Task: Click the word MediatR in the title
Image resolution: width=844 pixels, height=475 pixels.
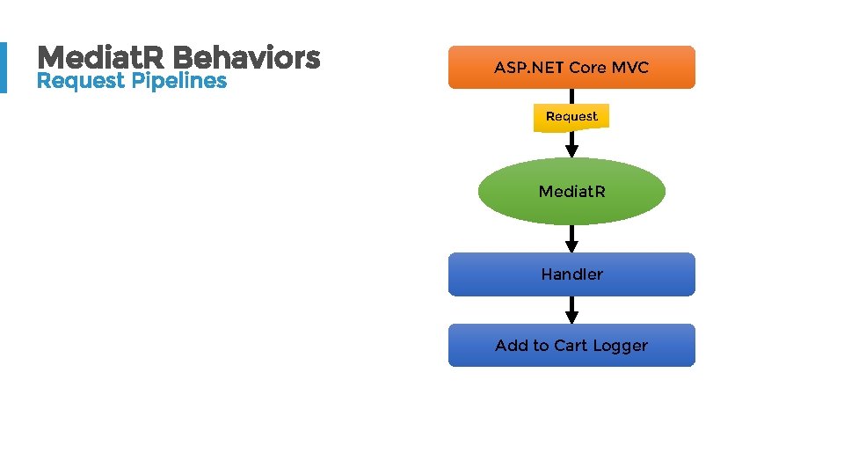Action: click(102, 58)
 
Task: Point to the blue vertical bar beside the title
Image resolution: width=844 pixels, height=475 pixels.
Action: click(3, 68)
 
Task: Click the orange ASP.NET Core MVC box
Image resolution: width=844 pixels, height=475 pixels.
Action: click(571, 68)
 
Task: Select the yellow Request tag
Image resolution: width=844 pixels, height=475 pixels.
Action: click(571, 117)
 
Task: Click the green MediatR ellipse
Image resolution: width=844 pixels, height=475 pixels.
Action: click(571, 191)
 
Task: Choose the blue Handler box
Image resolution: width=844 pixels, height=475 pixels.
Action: click(571, 274)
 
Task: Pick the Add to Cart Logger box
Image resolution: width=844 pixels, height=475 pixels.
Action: click(571, 345)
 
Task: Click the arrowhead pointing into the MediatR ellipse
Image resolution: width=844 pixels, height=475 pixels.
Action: click(571, 150)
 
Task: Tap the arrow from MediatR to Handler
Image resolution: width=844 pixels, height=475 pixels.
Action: click(571, 239)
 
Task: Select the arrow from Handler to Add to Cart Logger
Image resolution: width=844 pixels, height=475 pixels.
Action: click(571, 311)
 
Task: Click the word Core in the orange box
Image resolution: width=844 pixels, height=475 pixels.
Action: click(588, 68)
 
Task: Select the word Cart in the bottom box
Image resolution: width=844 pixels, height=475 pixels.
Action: click(571, 346)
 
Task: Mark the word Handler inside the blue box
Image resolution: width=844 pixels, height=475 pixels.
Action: click(571, 274)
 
